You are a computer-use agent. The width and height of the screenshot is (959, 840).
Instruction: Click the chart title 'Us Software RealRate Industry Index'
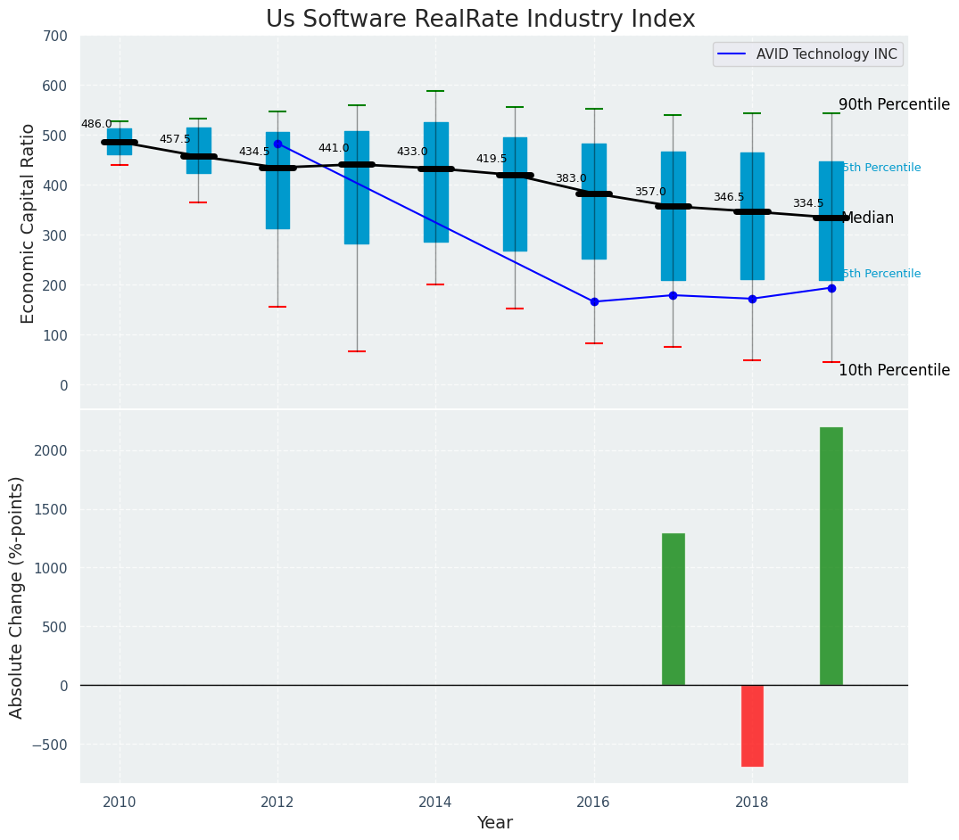click(x=480, y=20)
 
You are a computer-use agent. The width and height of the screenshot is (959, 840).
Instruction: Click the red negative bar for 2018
click(x=752, y=725)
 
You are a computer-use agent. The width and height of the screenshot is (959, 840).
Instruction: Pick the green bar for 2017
click(x=673, y=609)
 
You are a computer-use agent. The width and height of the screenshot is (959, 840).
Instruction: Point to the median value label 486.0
click(x=96, y=124)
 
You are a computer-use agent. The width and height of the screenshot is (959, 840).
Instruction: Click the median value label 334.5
click(x=808, y=203)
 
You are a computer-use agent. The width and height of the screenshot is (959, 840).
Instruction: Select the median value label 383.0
click(x=571, y=178)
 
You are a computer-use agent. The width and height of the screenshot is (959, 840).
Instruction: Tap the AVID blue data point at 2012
click(x=277, y=144)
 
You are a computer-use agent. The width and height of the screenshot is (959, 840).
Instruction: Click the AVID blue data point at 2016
click(x=594, y=301)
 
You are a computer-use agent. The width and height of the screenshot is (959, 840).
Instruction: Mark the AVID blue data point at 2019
click(x=831, y=288)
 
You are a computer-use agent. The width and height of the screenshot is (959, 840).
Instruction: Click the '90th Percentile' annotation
click(x=894, y=104)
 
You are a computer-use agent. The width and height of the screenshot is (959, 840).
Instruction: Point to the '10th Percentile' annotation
click(x=894, y=370)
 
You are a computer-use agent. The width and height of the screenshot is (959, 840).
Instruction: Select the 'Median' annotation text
click(x=867, y=218)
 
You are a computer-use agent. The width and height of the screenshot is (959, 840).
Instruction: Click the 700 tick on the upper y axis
click(x=55, y=36)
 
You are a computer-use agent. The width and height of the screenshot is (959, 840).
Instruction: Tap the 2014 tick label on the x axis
click(x=435, y=802)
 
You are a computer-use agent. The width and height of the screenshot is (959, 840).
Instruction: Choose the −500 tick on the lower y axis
click(x=51, y=745)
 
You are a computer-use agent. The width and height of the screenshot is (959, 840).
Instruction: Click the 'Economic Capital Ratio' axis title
click(x=28, y=223)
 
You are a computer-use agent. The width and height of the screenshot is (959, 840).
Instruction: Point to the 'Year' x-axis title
click(x=494, y=823)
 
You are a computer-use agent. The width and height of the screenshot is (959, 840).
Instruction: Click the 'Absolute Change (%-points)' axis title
click(x=17, y=597)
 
